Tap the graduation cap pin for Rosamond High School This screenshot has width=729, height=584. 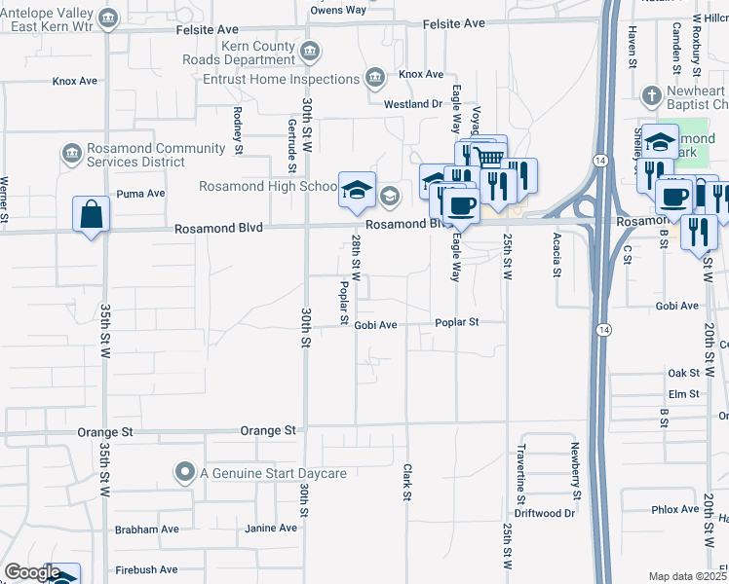[x=357, y=189]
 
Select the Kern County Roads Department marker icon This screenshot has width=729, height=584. [x=310, y=51]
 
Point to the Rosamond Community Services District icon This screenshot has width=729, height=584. [x=71, y=154]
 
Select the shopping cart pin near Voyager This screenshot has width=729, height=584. [x=489, y=156]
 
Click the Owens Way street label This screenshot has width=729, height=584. [x=337, y=10]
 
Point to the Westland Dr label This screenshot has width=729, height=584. [x=413, y=103]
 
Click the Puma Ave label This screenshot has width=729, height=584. [x=140, y=194]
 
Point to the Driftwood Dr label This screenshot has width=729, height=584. [x=545, y=513]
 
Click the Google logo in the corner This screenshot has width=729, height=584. [x=32, y=572]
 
